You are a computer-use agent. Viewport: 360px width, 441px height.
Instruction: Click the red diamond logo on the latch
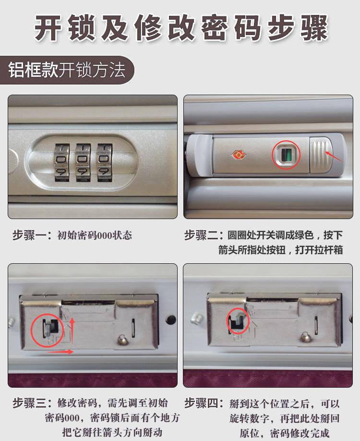(238, 154)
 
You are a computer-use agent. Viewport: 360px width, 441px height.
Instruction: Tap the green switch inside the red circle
(286, 156)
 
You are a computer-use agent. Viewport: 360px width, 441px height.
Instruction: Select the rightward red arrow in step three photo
(60, 352)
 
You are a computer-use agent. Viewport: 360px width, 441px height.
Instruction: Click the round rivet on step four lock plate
(303, 338)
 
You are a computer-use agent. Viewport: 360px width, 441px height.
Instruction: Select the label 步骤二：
(204, 235)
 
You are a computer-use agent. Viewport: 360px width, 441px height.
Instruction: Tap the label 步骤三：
(32, 403)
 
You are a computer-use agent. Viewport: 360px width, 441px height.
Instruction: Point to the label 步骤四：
(204, 403)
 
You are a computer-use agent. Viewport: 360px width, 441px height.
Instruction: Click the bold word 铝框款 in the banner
(33, 70)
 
